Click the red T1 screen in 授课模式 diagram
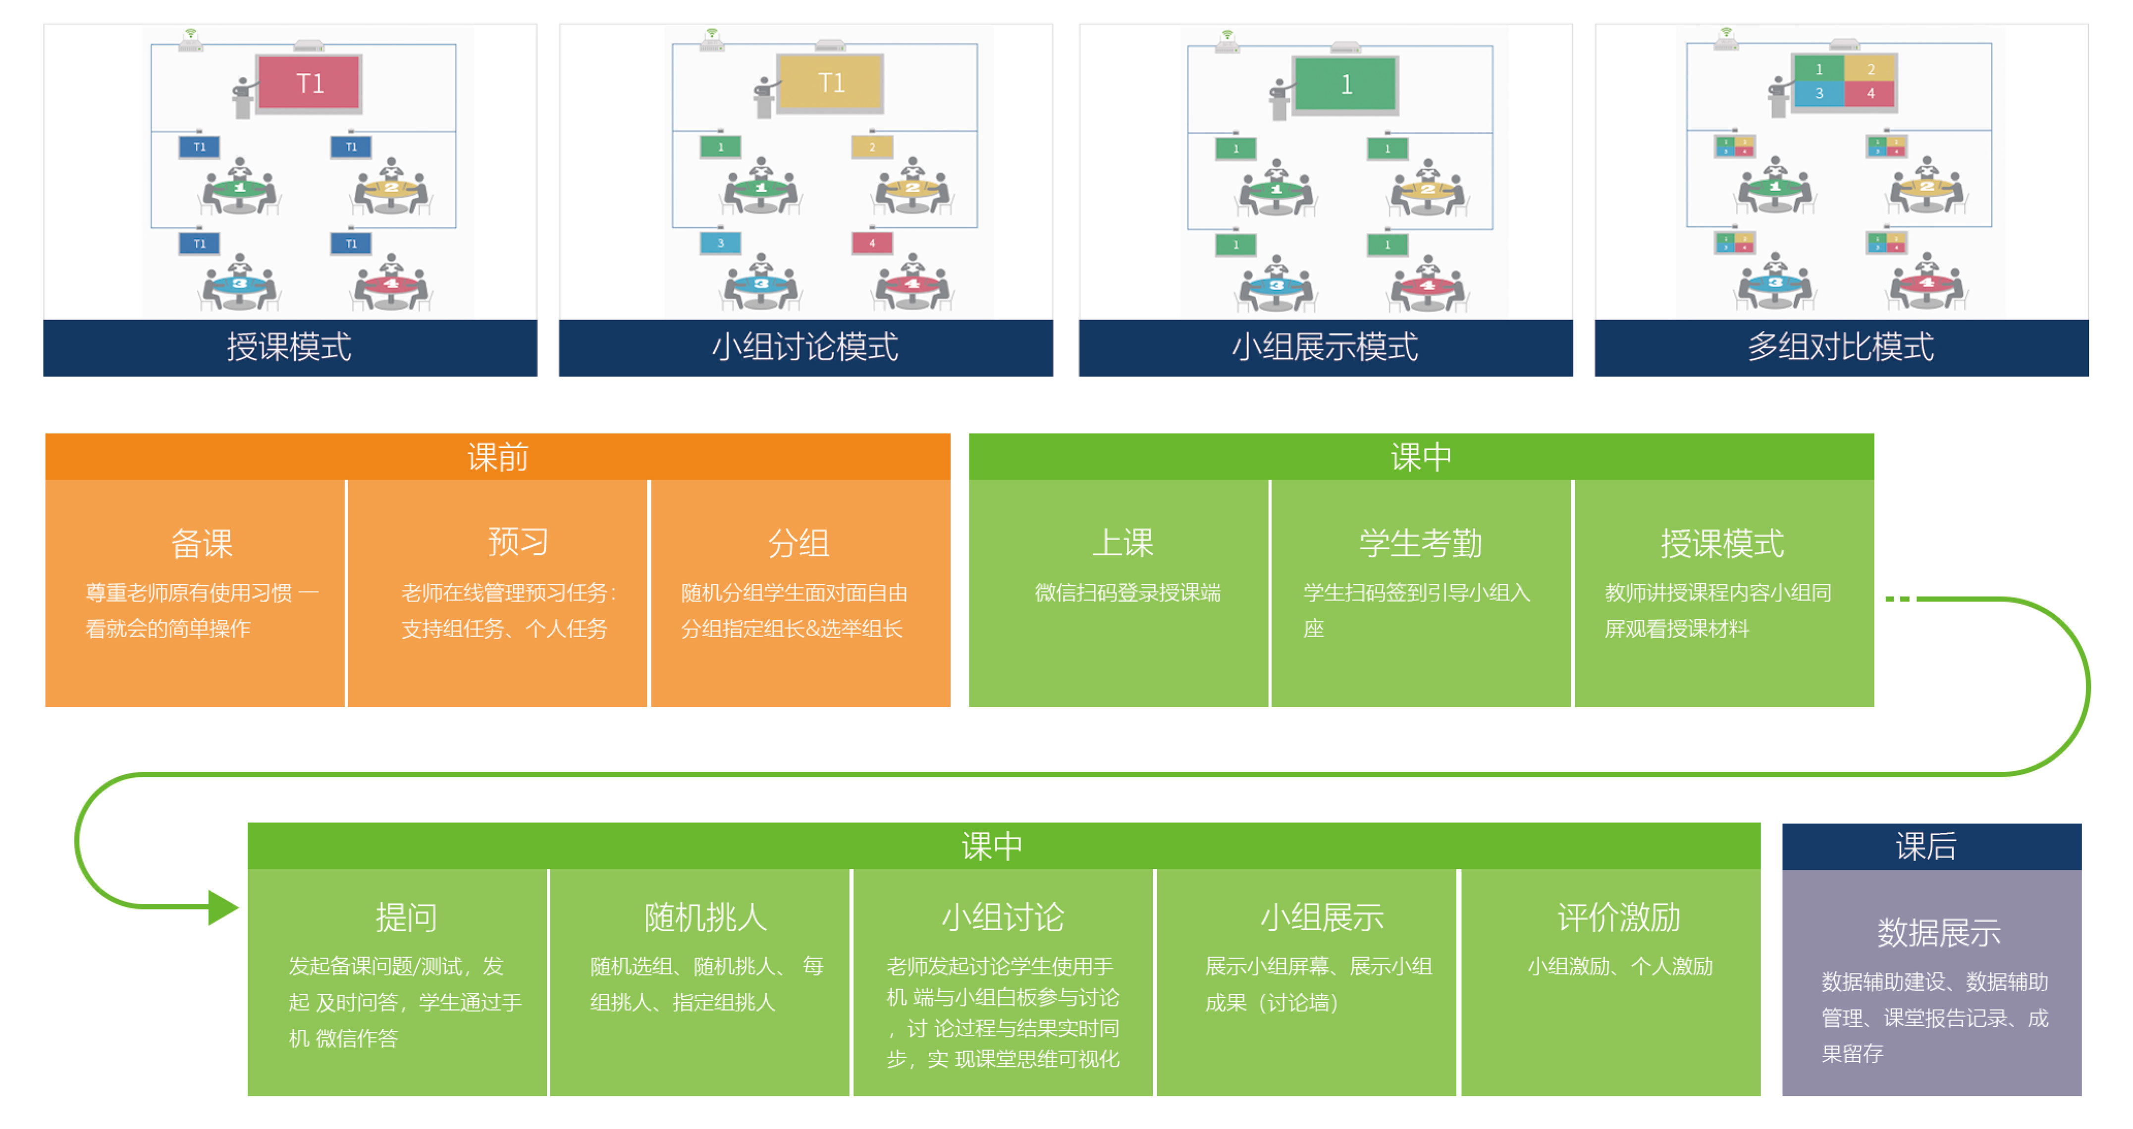click(309, 83)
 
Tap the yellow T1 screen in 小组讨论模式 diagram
click(831, 83)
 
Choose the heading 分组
click(798, 543)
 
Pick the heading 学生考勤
click(1420, 543)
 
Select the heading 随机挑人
click(705, 917)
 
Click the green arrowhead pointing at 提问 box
click(222, 907)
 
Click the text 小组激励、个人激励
click(1619, 966)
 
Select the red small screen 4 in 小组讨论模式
click(871, 243)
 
